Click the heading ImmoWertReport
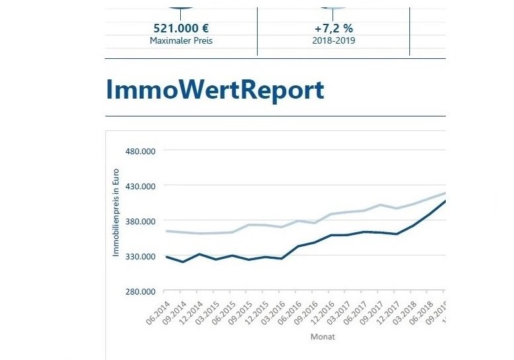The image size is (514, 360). coord(215,90)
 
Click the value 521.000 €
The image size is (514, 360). coord(181,29)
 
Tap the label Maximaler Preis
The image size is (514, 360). coord(181,41)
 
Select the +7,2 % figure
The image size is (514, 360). coord(333,29)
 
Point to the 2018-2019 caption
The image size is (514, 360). coord(333,41)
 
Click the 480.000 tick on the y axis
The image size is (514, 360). coord(140,151)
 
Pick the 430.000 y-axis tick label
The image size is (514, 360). coord(140,186)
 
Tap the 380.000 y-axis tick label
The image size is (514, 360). coord(140,221)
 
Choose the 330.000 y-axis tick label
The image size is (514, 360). coord(140,256)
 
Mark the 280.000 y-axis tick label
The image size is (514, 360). coord(140,291)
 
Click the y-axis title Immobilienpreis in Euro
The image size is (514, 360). coord(115,212)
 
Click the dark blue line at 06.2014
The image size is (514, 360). coord(166,257)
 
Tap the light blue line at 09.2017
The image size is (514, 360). coord(380,205)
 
